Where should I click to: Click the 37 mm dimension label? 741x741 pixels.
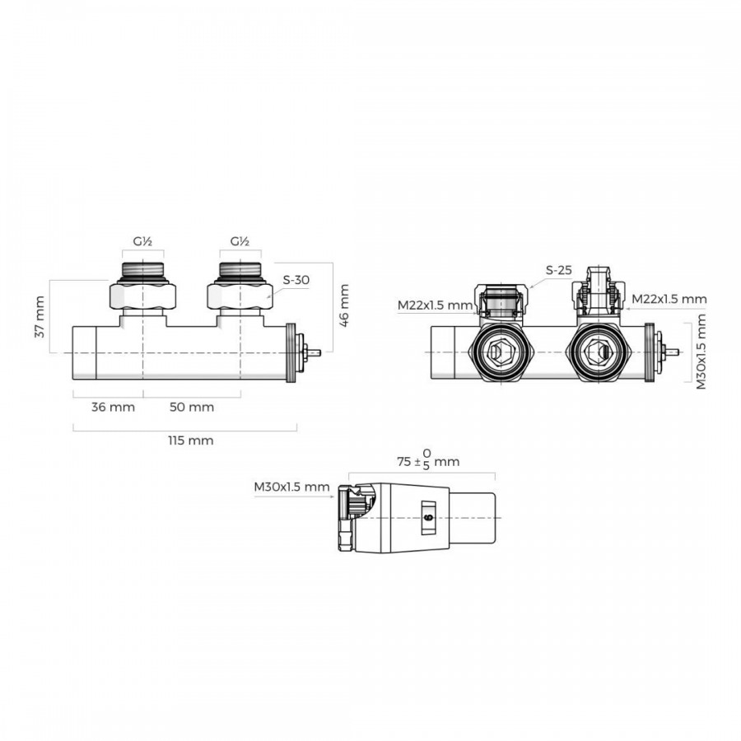point(40,317)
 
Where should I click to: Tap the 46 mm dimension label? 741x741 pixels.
point(344,305)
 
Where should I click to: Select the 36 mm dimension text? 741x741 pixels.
point(113,407)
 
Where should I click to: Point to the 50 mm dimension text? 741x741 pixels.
point(192,407)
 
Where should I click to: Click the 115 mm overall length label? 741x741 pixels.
point(191,440)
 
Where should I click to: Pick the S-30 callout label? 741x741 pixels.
point(296,280)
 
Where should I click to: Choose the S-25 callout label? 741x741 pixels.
point(558,270)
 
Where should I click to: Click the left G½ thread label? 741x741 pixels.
point(142,241)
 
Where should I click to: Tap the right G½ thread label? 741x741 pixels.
point(240,241)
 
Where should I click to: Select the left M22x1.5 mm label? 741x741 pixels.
point(435,305)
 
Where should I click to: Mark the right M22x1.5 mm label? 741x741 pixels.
point(669,299)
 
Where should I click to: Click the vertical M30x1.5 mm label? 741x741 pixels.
point(701,352)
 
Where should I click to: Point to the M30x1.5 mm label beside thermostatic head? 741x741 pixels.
point(291,487)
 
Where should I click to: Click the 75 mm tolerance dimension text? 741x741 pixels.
point(428,459)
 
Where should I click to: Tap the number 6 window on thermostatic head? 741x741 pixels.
point(429,518)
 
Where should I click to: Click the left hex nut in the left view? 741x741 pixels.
point(142,296)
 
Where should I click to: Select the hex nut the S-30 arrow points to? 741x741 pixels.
point(240,296)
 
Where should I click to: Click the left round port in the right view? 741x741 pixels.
point(500,352)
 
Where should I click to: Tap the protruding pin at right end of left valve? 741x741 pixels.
point(314,352)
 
